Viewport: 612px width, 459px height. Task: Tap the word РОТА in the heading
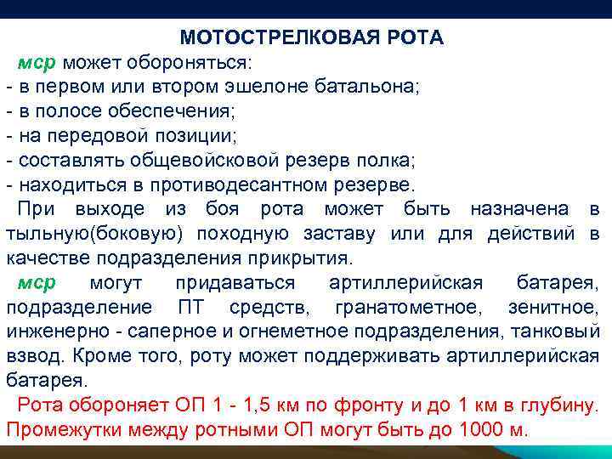pyautogui.click(x=414, y=38)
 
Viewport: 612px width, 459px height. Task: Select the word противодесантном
pyautogui.click(x=241, y=185)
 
